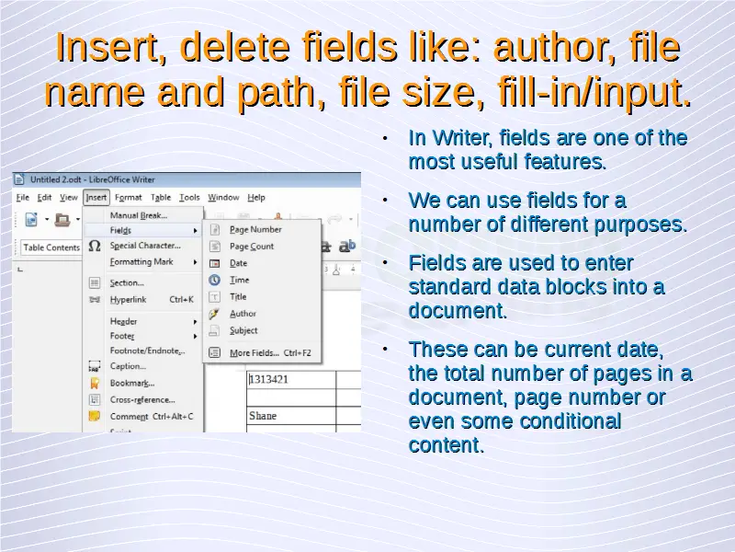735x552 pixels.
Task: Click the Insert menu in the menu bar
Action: point(96,198)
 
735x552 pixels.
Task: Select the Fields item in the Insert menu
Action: point(120,230)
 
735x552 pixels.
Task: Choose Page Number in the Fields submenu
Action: point(255,229)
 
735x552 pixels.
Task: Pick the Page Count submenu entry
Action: point(252,247)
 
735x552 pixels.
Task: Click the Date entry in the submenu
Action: point(238,263)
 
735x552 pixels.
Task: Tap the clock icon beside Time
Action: point(214,280)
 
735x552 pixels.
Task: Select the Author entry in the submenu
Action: point(243,314)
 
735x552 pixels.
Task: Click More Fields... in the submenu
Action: point(254,353)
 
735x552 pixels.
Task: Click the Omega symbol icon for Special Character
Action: point(95,246)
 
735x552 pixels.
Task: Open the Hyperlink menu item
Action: point(128,300)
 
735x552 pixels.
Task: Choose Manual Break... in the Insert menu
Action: point(139,215)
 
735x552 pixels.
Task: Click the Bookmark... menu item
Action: point(132,383)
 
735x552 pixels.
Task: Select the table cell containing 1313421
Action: point(291,380)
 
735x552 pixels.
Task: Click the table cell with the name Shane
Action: point(291,416)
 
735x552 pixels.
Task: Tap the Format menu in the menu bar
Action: point(128,198)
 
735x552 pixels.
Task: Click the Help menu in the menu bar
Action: point(256,198)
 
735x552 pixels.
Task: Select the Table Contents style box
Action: point(51,247)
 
